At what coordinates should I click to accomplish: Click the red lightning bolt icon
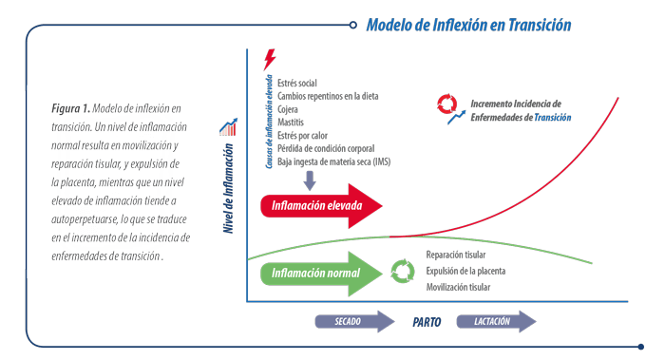point(269,59)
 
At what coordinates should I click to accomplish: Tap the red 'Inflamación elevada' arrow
point(321,206)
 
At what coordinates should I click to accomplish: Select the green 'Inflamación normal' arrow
point(321,274)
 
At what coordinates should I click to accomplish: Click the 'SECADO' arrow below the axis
point(354,321)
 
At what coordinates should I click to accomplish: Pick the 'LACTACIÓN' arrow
point(496,321)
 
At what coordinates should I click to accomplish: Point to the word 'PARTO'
point(427,322)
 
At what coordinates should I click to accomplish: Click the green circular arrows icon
point(403,272)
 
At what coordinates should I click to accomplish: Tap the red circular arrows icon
point(447,104)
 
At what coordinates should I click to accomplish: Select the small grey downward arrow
point(310,180)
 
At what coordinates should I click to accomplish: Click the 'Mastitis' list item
point(291,123)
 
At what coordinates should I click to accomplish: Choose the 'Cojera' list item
point(288,109)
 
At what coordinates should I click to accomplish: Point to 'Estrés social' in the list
point(296,83)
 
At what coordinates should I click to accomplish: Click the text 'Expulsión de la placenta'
point(465,271)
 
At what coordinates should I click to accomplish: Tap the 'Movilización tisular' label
point(458,287)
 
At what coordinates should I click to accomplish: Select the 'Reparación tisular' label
point(456,255)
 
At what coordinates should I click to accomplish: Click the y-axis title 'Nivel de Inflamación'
point(229,188)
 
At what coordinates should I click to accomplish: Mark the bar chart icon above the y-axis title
point(228,126)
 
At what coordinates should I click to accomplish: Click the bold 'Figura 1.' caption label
point(71,108)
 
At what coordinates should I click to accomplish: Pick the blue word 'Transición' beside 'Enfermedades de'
point(553,118)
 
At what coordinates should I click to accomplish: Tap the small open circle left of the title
point(352,25)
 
